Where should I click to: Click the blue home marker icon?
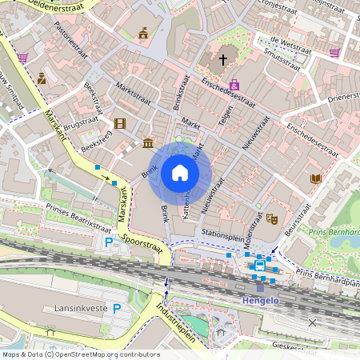coord(180,173)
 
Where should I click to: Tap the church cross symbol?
coord(223,59)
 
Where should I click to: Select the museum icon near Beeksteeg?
coord(148,143)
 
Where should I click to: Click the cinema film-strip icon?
coord(120,123)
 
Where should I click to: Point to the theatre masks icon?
coord(271,217)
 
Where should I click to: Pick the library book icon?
coord(315,178)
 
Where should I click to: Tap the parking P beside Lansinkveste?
coord(116,308)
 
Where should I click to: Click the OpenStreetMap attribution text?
coord(80,354)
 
